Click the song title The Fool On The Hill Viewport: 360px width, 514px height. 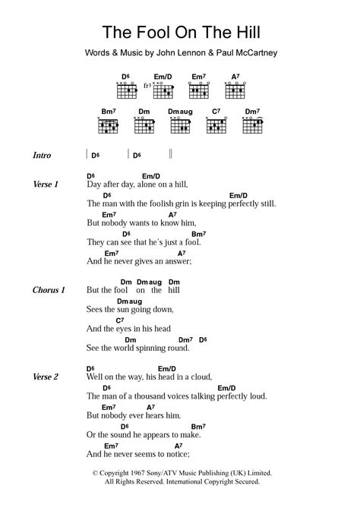[180, 33]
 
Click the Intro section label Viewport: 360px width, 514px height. [42, 156]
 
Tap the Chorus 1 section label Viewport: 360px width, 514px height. [49, 290]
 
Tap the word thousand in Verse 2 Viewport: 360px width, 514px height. [151, 396]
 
